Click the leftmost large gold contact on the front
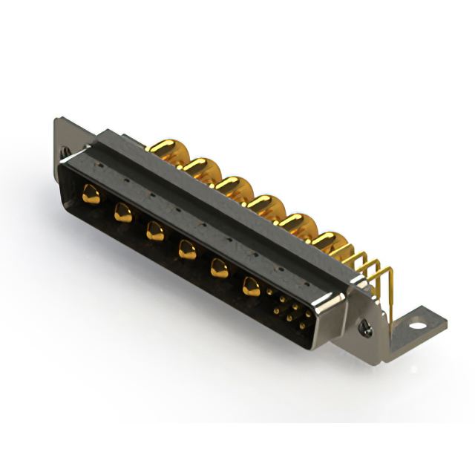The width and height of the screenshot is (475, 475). [91, 195]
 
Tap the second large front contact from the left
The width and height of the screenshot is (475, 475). [122, 214]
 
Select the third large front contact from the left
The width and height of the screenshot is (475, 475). [154, 232]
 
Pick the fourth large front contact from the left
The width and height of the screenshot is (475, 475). [186, 250]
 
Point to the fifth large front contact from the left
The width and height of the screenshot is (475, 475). [219, 268]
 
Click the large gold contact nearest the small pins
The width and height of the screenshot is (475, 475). [252, 286]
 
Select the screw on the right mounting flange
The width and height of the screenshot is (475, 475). [364, 324]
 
